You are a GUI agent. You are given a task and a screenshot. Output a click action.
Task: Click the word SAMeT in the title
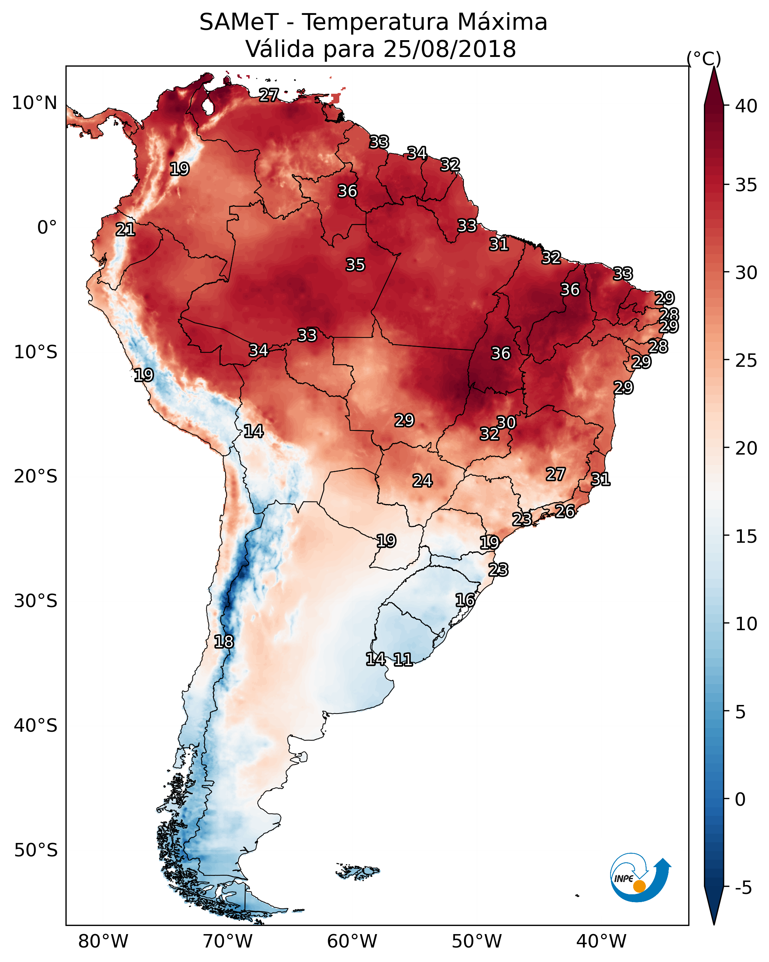239,22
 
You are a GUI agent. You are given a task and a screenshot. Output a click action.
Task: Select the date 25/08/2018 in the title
449,49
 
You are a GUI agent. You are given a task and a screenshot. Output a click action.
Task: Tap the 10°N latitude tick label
34,103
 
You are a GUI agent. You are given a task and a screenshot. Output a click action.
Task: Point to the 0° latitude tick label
47,228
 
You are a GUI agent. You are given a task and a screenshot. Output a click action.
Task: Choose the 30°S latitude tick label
36,601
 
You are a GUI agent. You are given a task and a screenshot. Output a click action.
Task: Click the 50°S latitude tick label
36,850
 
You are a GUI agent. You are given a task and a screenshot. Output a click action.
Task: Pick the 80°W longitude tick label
103,941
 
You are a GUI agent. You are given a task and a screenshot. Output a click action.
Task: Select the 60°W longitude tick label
352,941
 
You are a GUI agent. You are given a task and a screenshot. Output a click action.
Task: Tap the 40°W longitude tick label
601,941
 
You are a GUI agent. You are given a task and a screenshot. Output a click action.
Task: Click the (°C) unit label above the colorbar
704,58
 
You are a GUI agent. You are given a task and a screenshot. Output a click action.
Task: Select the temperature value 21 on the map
125,230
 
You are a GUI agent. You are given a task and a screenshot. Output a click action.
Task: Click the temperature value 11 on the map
403,659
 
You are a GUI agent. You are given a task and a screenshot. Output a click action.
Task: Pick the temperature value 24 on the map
422,481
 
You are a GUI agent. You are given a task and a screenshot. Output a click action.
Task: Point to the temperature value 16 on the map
465,600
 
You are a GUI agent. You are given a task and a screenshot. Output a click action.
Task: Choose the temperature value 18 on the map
224,642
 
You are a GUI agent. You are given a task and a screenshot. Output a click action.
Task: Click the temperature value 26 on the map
565,511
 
